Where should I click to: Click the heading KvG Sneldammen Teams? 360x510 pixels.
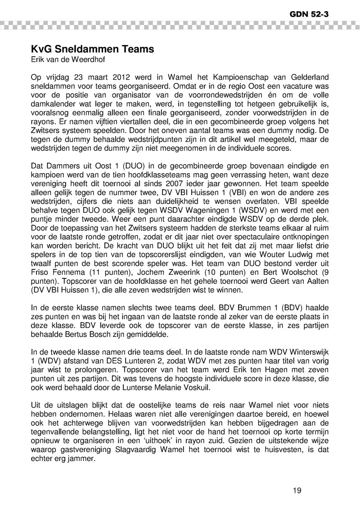tap(92, 49)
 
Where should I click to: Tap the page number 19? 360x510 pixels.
tap(297, 491)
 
